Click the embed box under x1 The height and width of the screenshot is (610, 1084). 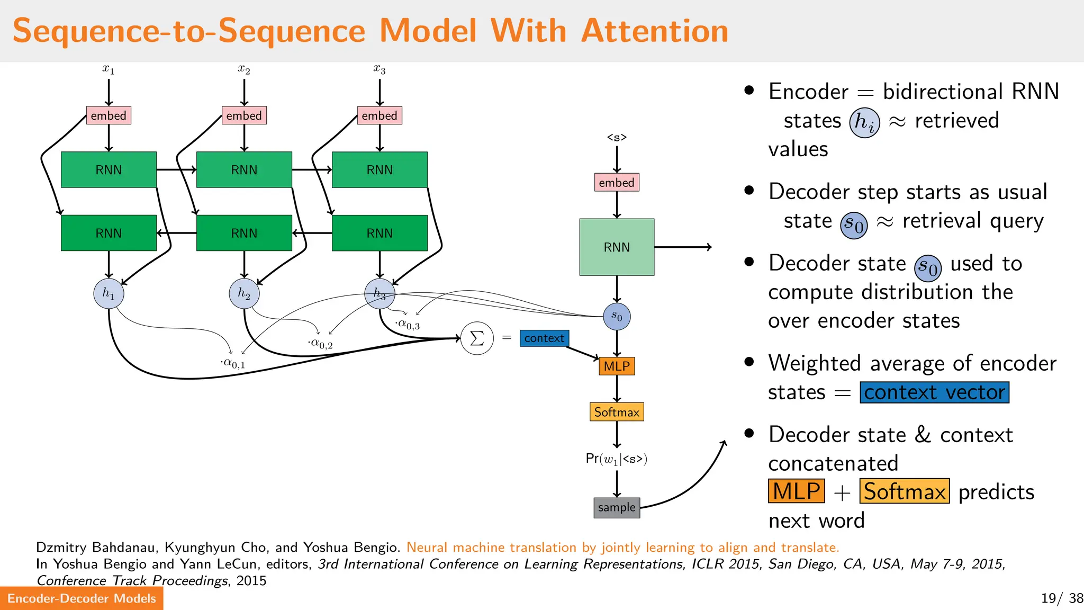[x=109, y=115]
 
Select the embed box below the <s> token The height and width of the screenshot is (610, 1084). [x=617, y=183]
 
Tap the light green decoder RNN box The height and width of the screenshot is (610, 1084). [x=617, y=247]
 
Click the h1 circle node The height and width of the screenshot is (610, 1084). [x=109, y=293]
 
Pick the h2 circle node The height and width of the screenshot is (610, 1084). [x=244, y=293]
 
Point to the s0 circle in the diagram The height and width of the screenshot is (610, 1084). [x=617, y=317]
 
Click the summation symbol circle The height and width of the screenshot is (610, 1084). [x=477, y=338]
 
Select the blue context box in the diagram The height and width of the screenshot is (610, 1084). [x=544, y=338]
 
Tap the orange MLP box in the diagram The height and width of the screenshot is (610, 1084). [x=617, y=366]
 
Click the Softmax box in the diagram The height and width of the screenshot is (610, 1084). [x=617, y=412]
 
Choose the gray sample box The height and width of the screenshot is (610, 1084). [x=617, y=507]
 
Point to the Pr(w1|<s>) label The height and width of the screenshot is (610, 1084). [x=617, y=459]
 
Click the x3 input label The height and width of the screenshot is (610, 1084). [x=380, y=69]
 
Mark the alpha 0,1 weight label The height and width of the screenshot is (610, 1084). [x=233, y=363]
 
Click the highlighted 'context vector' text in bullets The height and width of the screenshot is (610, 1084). [x=934, y=392]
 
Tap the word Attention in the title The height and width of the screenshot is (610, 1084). [x=655, y=31]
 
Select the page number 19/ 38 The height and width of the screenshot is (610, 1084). [x=1062, y=598]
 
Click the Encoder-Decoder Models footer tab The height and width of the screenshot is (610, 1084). [x=82, y=598]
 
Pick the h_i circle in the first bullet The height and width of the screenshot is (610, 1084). [x=864, y=122]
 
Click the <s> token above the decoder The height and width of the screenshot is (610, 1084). [x=617, y=137]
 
